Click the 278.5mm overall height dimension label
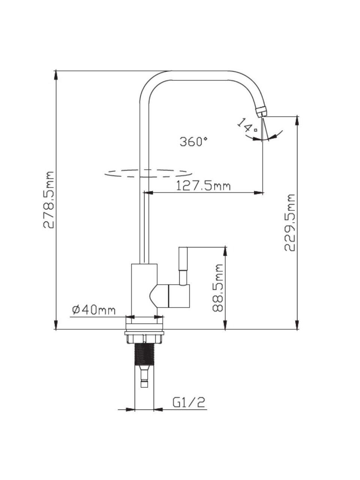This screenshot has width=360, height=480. pos(49,199)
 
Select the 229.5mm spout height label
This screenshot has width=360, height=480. pos(290,222)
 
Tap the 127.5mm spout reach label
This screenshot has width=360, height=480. pos(203,186)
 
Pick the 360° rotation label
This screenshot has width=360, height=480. pos(193,141)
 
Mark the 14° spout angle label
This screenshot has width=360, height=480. pos(247,126)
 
